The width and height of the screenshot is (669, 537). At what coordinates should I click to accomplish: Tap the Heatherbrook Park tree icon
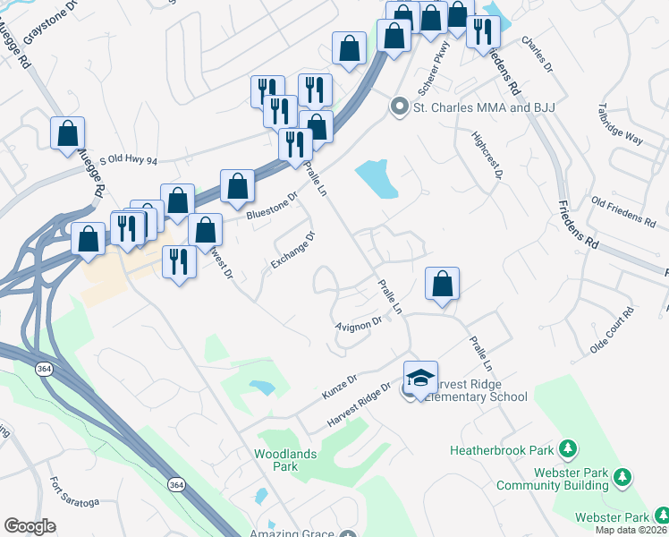tap(566, 447)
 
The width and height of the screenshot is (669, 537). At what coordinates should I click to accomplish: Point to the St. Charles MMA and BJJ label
tap(483, 107)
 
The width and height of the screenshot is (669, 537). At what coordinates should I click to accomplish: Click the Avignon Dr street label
tap(359, 325)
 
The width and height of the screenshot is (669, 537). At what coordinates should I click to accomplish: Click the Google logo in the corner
tap(30, 526)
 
